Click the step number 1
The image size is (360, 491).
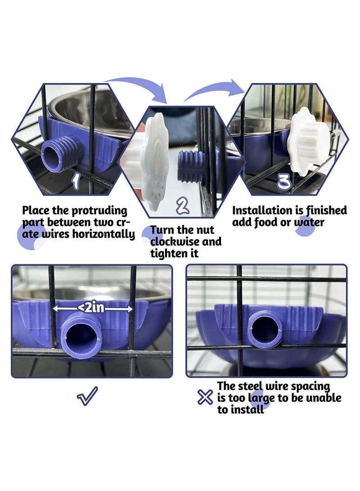point(76,181)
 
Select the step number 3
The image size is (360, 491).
point(284,181)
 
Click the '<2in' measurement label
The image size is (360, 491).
point(93,309)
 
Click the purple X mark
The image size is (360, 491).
point(205,397)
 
